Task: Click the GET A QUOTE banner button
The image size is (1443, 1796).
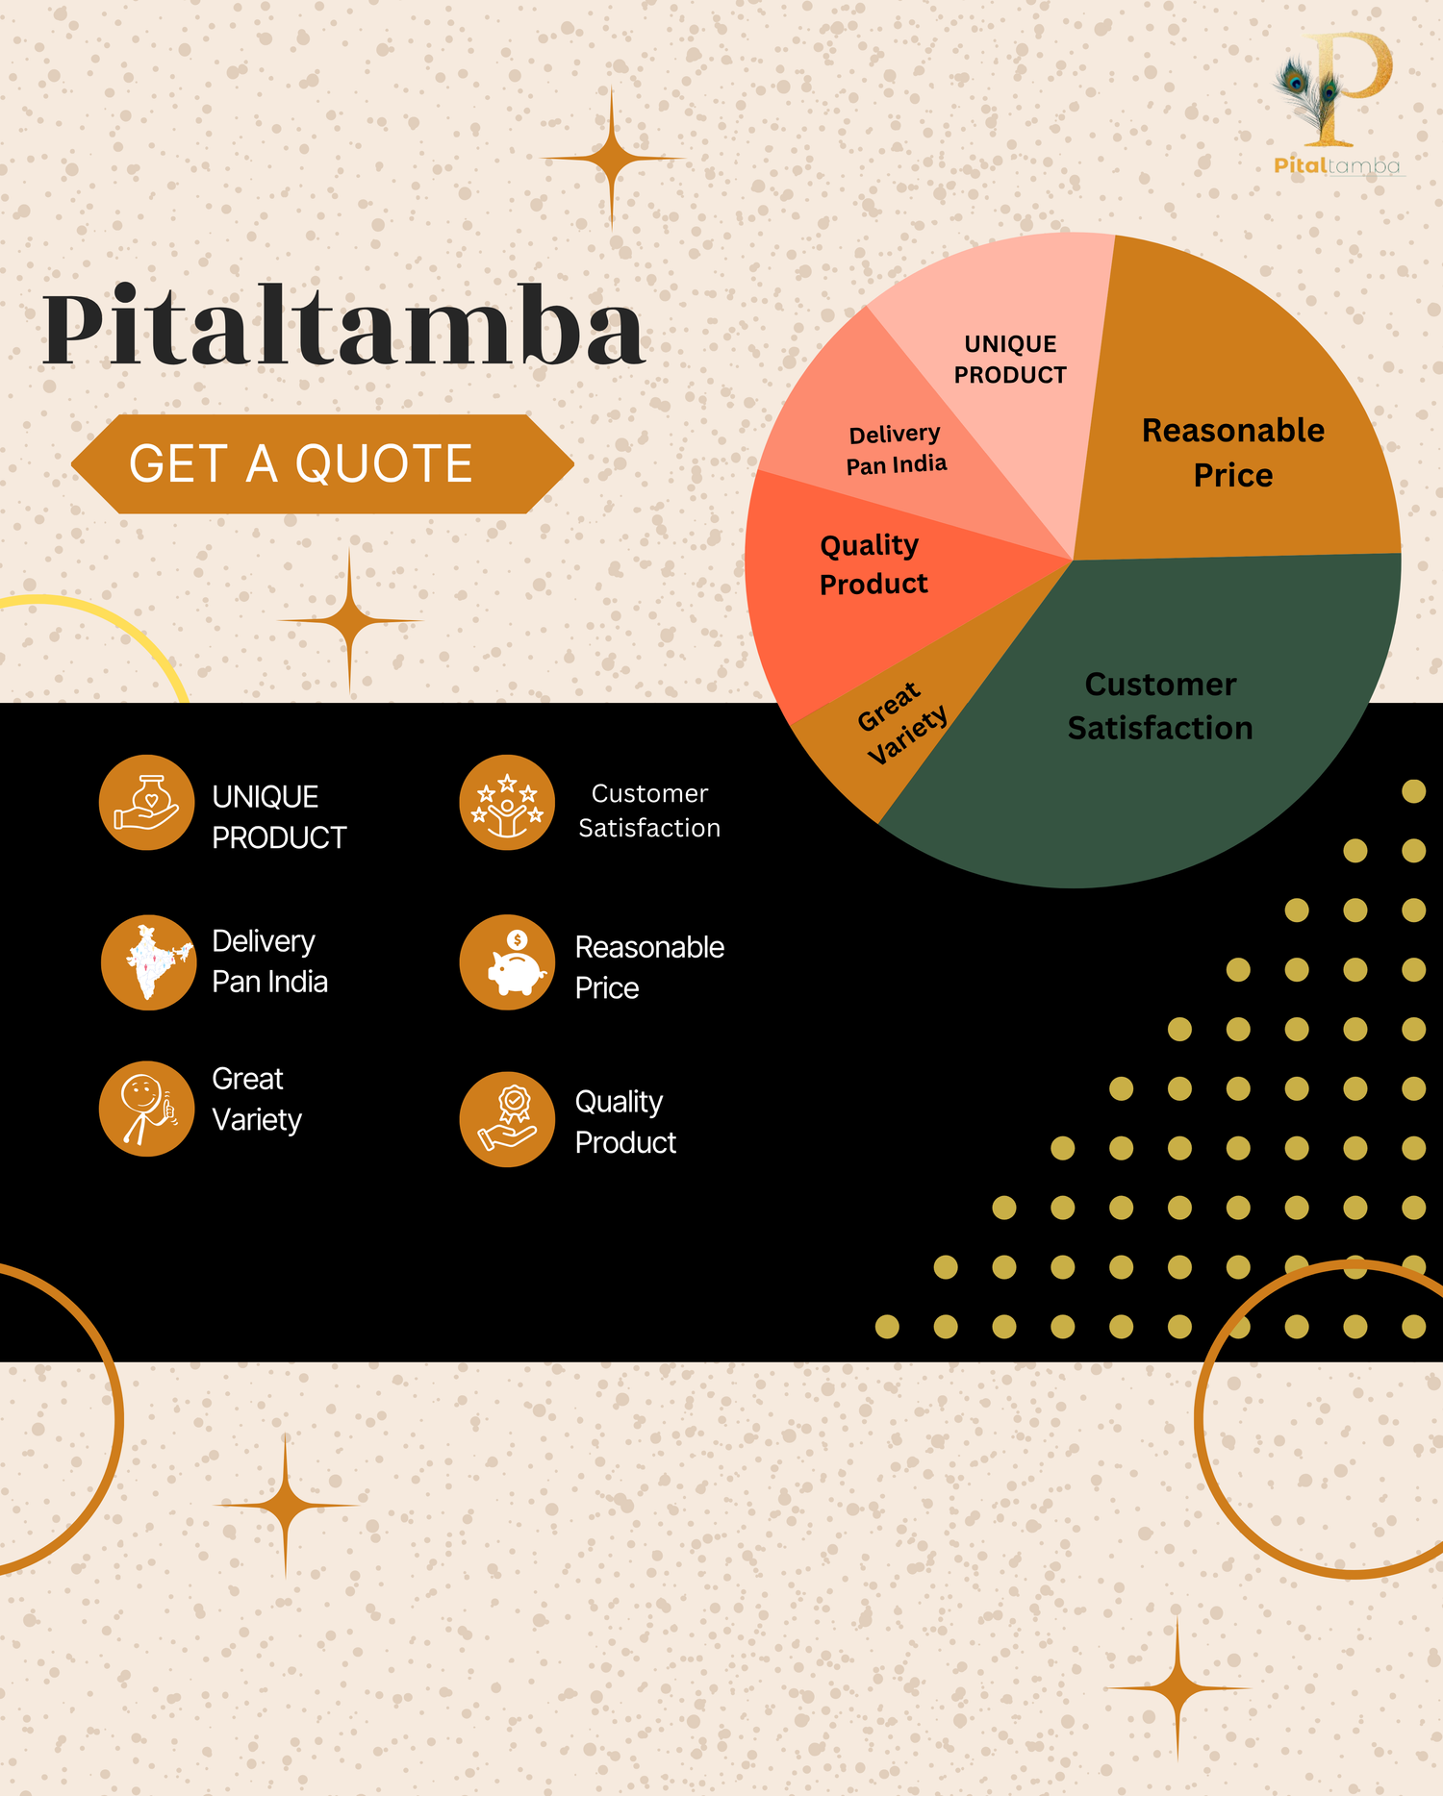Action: click(x=322, y=464)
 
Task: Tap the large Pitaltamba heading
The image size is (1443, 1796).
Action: click(x=343, y=327)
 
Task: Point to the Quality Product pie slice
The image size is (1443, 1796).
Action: click(x=866, y=577)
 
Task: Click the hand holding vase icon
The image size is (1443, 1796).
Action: click(x=147, y=802)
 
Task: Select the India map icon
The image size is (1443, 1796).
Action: click(x=148, y=961)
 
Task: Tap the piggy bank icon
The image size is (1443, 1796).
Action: click(x=507, y=961)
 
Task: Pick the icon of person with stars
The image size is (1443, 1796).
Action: click(x=507, y=802)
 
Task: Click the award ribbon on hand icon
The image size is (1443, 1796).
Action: click(x=507, y=1119)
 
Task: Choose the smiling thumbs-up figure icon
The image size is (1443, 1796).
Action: click(x=147, y=1109)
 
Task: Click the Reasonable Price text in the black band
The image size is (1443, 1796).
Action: click(x=649, y=967)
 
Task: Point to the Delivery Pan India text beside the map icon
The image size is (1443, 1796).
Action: click(x=269, y=961)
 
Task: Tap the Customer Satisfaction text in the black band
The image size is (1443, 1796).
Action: click(x=649, y=811)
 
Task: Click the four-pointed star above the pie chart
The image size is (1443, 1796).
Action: click(x=612, y=159)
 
